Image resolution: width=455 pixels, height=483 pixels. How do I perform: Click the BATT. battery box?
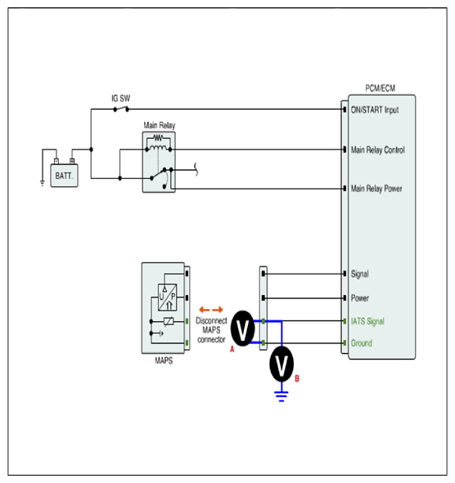64,175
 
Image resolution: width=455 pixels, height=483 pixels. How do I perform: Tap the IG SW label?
120,99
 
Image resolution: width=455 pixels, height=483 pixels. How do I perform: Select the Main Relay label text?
160,125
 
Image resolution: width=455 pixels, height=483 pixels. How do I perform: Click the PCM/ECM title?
380,88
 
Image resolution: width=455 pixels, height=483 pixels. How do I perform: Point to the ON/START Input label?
375,110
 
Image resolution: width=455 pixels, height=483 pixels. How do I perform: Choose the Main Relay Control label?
378,150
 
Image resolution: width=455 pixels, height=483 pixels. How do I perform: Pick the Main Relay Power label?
376,189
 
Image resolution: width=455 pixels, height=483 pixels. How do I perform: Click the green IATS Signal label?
367,321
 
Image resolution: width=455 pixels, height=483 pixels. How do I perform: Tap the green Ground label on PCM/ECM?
362,343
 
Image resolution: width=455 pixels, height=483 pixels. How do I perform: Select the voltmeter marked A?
243,329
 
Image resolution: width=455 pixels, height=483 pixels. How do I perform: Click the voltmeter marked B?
282,364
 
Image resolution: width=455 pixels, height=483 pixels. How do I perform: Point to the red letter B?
297,378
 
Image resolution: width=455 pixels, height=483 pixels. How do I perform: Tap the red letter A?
232,349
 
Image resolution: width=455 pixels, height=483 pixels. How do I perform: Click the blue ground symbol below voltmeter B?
282,396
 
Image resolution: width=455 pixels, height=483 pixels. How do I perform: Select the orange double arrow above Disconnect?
211,310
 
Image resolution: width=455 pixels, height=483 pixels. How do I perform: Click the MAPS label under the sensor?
164,360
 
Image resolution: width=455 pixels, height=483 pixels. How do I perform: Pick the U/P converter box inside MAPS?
167,297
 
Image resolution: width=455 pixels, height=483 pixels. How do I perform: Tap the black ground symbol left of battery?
43,183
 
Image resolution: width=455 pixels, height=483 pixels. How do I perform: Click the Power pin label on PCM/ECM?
360,298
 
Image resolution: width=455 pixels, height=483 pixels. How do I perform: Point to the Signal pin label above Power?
360,274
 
